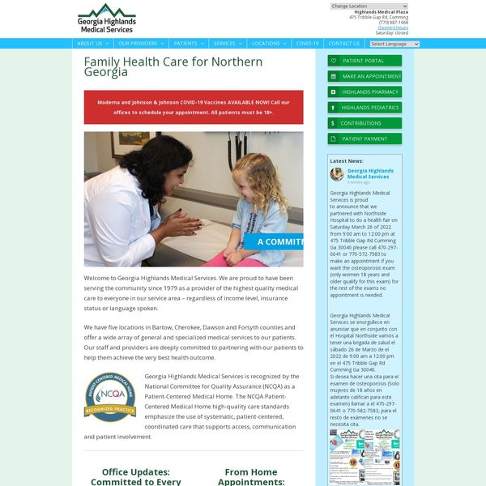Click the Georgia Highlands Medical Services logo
[x=107, y=19]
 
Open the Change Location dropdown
[x=369, y=6]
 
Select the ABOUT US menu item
[x=92, y=44]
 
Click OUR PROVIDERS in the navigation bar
[x=140, y=44]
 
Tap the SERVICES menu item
[x=228, y=44]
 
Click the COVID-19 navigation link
[x=307, y=44]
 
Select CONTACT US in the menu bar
[x=343, y=44]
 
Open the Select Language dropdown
[x=389, y=44]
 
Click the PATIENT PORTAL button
[x=364, y=61]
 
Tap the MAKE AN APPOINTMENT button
[x=364, y=76]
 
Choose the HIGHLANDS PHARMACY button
[x=364, y=92]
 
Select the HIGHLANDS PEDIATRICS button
[x=364, y=107]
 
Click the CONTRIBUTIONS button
[x=364, y=123]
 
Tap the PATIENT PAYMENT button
[x=364, y=139]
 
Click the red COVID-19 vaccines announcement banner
[x=194, y=107]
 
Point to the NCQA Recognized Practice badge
[x=109, y=397]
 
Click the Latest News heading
[x=347, y=161]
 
